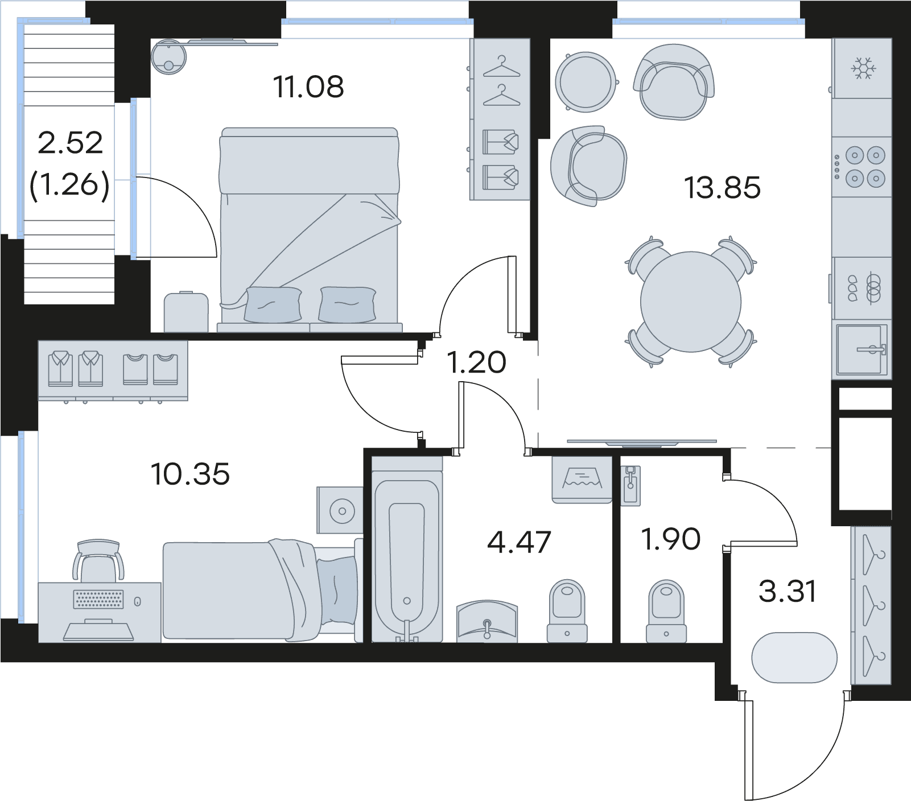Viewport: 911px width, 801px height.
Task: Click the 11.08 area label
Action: (x=308, y=87)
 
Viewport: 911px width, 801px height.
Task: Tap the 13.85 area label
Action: (x=722, y=188)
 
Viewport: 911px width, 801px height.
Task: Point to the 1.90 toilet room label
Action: (x=670, y=539)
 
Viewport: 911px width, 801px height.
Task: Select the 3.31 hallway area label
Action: (x=788, y=591)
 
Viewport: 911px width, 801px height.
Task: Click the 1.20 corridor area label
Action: (x=476, y=363)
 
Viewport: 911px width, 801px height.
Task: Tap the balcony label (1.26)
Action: (x=69, y=184)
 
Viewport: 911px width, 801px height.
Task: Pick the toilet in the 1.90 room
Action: (x=666, y=611)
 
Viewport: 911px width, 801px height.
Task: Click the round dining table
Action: (x=691, y=302)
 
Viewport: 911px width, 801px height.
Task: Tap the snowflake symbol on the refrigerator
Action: (x=863, y=68)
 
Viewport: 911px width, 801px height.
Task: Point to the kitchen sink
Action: (x=862, y=349)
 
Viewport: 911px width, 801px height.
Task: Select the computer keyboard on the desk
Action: (x=98, y=599)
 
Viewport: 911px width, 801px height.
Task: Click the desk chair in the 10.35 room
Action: (x=98, y=560)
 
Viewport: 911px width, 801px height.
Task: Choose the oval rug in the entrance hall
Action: (x=794, y=657)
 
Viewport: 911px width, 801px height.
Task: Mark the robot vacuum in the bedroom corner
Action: (x=169, y=56)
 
